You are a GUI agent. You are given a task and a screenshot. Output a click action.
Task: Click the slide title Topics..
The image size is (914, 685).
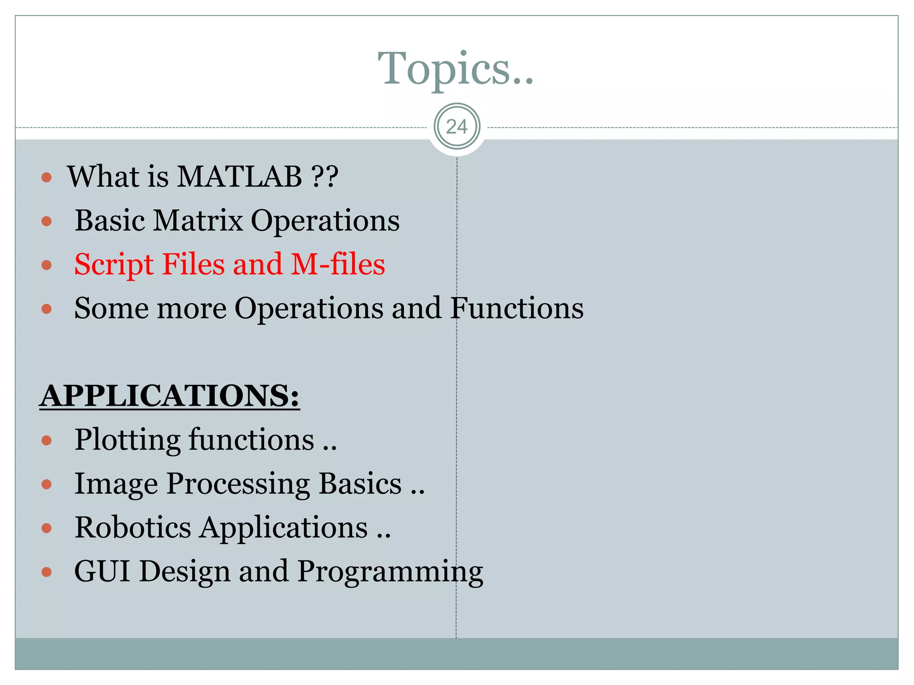455,68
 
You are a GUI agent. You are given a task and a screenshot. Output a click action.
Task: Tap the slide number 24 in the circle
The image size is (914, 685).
457,127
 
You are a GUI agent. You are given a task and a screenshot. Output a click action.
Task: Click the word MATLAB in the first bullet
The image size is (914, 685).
240,177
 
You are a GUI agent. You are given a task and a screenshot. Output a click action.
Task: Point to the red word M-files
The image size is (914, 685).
338,264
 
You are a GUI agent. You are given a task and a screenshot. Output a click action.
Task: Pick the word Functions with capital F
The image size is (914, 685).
516,308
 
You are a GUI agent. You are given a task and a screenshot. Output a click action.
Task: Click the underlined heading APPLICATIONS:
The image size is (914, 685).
170,396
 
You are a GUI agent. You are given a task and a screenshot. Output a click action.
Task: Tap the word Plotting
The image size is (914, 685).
127,440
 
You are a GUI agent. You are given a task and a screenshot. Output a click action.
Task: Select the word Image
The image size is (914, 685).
116,484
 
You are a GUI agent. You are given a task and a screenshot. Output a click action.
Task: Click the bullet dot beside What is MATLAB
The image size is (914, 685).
46,178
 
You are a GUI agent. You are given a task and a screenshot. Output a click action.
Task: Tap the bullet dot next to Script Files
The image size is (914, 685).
46,265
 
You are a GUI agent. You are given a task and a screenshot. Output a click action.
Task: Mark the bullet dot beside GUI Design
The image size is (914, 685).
46,572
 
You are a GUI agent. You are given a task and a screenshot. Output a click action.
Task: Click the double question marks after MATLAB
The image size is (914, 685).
325,177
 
